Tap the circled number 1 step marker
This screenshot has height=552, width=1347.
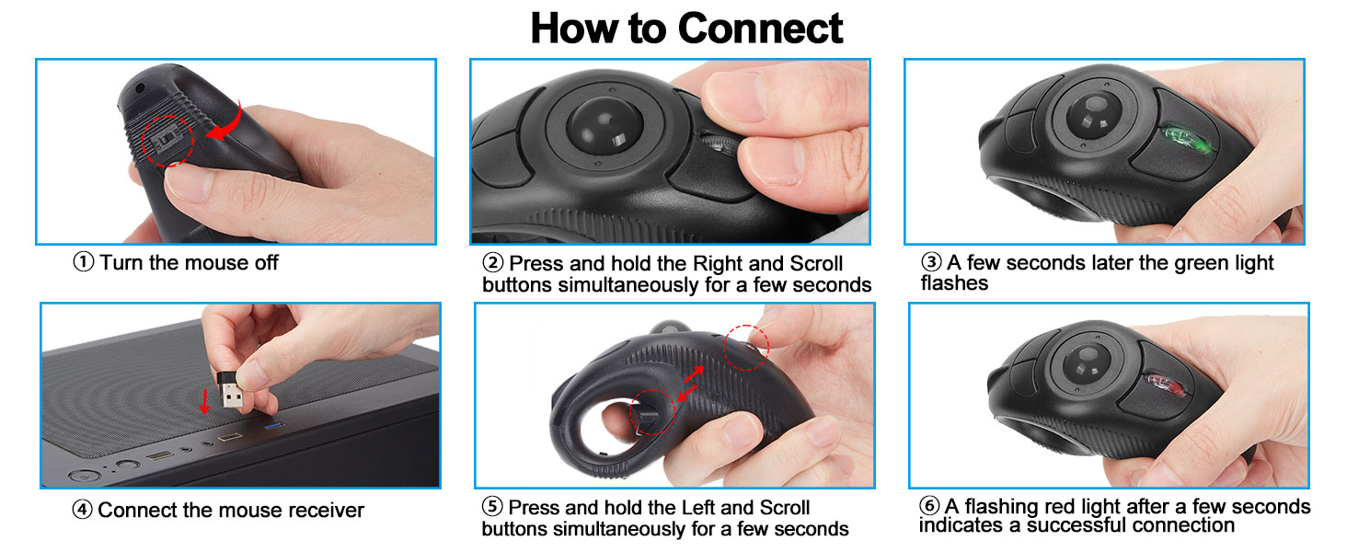[x=83, y=262]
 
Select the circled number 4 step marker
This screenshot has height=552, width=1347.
[x=83, y=510]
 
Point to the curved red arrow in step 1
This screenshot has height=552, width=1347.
[x=224, y=122]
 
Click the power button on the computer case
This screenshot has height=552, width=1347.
[x=83, y=476]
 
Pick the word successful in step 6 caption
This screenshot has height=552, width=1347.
[x=1082, y=525]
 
